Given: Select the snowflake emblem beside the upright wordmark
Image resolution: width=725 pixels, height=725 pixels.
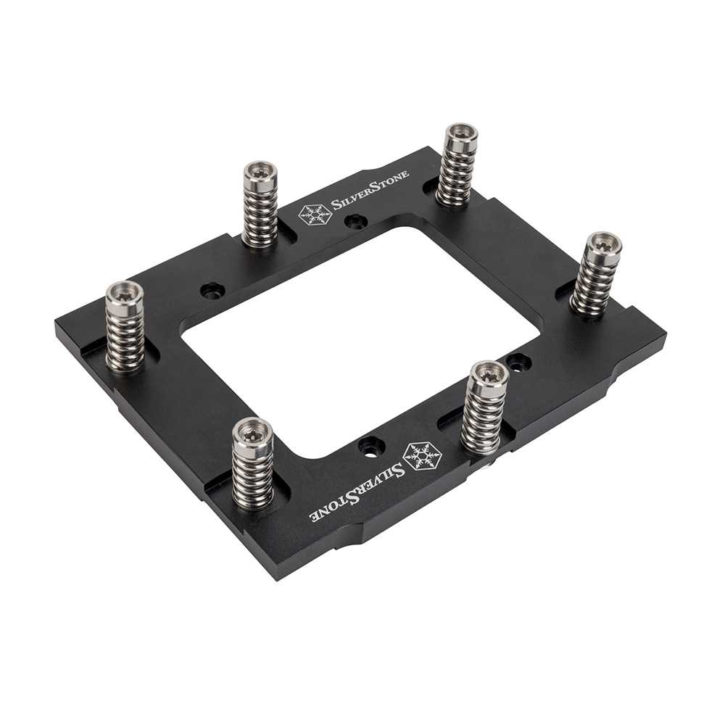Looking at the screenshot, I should [x=315, y=214].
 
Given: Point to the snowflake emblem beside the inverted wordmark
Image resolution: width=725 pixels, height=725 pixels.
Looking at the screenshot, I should [x=421, y=454].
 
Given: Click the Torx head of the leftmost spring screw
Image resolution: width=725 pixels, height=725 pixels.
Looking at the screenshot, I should [x=125, y=293].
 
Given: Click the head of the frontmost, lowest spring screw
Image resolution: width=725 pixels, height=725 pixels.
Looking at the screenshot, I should [x=252, y=429].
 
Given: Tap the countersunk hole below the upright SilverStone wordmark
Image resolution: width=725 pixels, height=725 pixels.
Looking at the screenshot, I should [x=355, y=223].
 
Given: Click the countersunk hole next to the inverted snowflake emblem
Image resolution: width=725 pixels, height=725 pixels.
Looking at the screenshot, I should [x=370, y=444].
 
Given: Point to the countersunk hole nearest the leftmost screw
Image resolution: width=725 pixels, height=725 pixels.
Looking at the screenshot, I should [x=211, y=291].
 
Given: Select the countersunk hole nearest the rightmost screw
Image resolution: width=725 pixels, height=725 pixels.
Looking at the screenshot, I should [x=516, y=360].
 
